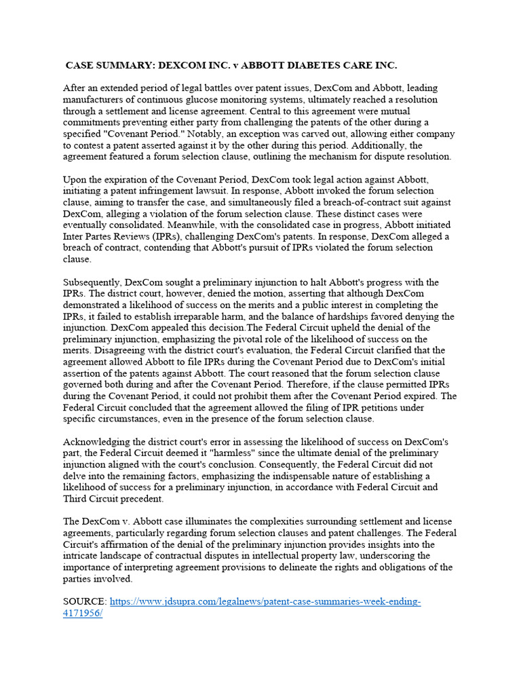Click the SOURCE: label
(x=85, y=602)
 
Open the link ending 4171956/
(x=83, y=614)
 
